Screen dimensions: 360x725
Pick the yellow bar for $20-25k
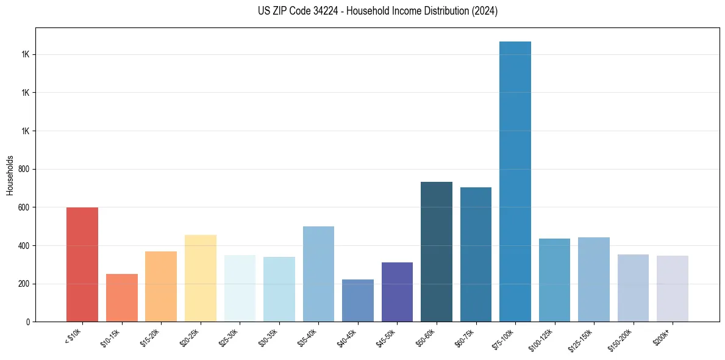click(200, 278)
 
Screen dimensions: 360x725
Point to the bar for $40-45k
click(358, 300)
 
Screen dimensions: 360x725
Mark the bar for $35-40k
click(318, 274)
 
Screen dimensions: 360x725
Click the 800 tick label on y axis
click(25, 169)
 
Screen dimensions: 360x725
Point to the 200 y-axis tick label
click(25, 284)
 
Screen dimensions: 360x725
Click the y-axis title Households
click(10, 175)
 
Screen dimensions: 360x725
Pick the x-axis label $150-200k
click(621, 339)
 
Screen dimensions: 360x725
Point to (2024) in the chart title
click(484, 11)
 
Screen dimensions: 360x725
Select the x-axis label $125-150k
click(582, 339)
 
